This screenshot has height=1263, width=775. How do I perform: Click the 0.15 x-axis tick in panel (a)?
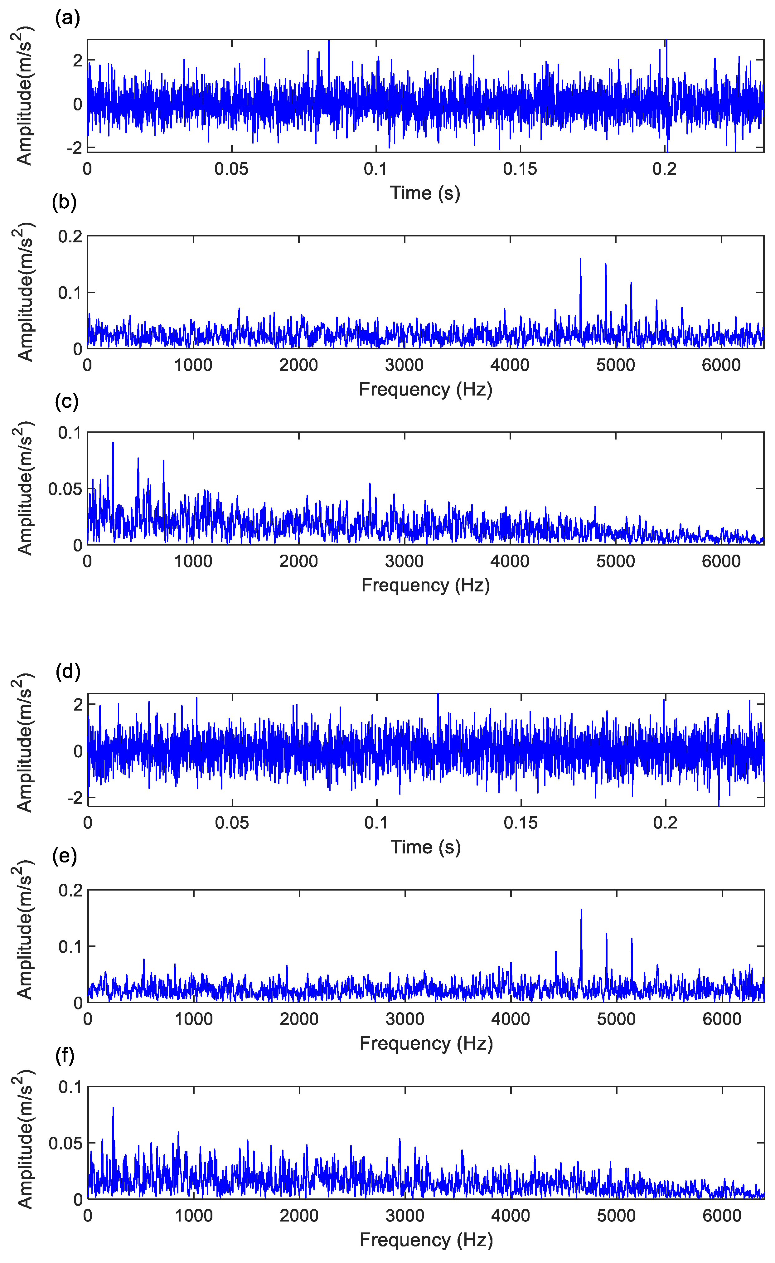[520, 169]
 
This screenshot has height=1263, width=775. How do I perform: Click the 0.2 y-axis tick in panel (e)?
[70, 890]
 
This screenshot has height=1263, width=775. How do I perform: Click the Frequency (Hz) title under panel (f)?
[426, 1239]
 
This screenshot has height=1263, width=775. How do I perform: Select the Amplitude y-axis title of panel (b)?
[24, 292]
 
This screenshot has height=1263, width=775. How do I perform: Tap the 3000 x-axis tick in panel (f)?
[404, 1215]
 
